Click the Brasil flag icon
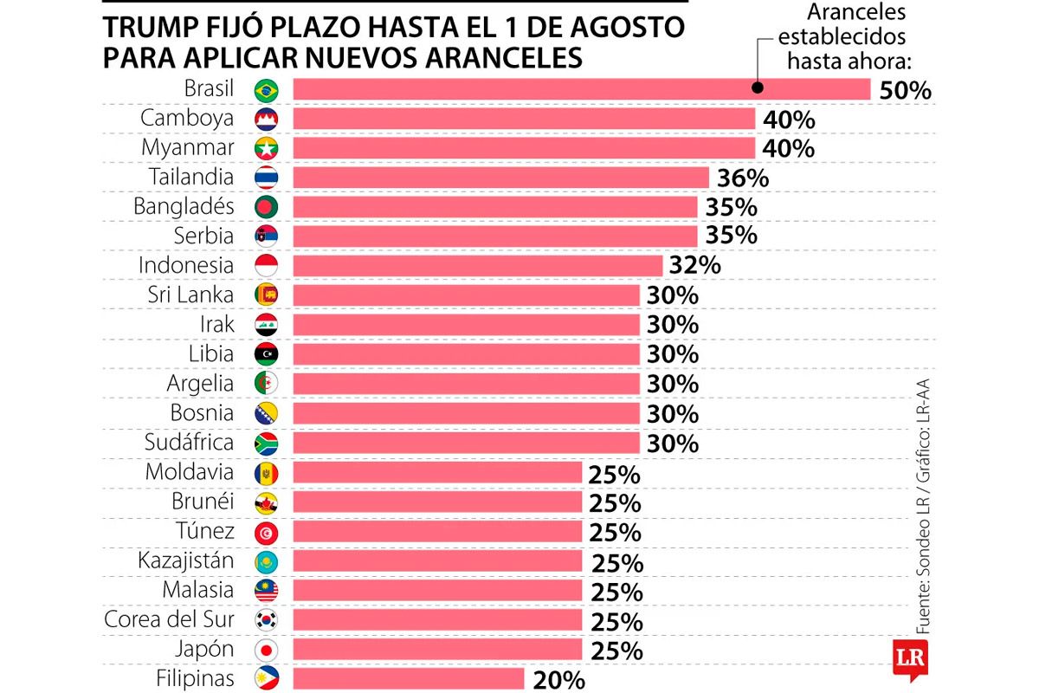click(x=266, y=89)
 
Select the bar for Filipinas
click(x=409, y=678)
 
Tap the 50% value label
click(x=905, y=90)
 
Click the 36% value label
click(x=743, y=178)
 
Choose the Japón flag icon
click(x=266, y=650)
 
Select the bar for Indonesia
click(x=478, y=266)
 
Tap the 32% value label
click(x=694, y=265)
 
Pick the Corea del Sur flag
click(x=266, y=620)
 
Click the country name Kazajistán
click(x=185, y=560)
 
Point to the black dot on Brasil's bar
click(x=757, y=87)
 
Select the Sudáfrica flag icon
click(x=266, y=444)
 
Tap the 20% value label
click(x=559, y=680)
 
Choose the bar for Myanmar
click(x=524, y=148)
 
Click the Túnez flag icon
click(x=266, y=532)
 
